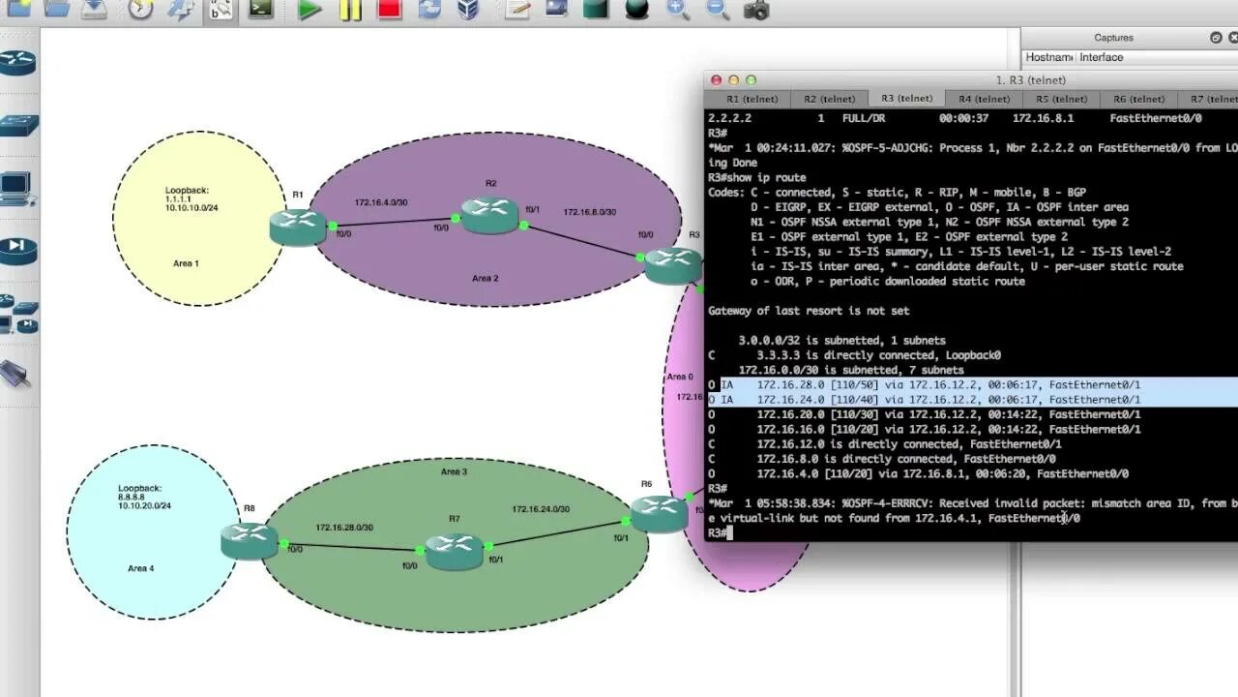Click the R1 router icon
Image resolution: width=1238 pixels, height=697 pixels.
298,227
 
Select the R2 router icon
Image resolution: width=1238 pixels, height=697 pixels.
490,215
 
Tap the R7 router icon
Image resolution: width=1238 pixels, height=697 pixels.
454,551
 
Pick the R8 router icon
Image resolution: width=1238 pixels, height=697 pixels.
249,540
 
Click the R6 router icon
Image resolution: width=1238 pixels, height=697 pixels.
659,513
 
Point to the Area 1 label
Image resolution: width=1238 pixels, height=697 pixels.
186,263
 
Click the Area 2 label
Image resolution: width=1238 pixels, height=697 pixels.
486,279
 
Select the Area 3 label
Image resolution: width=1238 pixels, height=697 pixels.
454,471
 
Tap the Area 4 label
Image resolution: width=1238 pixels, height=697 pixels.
141,568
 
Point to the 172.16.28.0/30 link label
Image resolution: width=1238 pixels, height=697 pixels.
344,528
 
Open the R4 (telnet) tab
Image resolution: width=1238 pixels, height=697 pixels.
985,99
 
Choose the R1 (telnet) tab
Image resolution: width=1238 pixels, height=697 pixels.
752,99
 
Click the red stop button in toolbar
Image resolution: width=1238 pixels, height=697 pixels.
390,11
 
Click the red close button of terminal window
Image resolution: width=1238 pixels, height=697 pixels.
716,80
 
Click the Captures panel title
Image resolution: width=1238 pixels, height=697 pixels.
1113,38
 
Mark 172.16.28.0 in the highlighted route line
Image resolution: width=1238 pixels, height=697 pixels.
787,385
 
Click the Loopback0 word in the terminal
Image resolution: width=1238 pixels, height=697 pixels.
971,355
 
